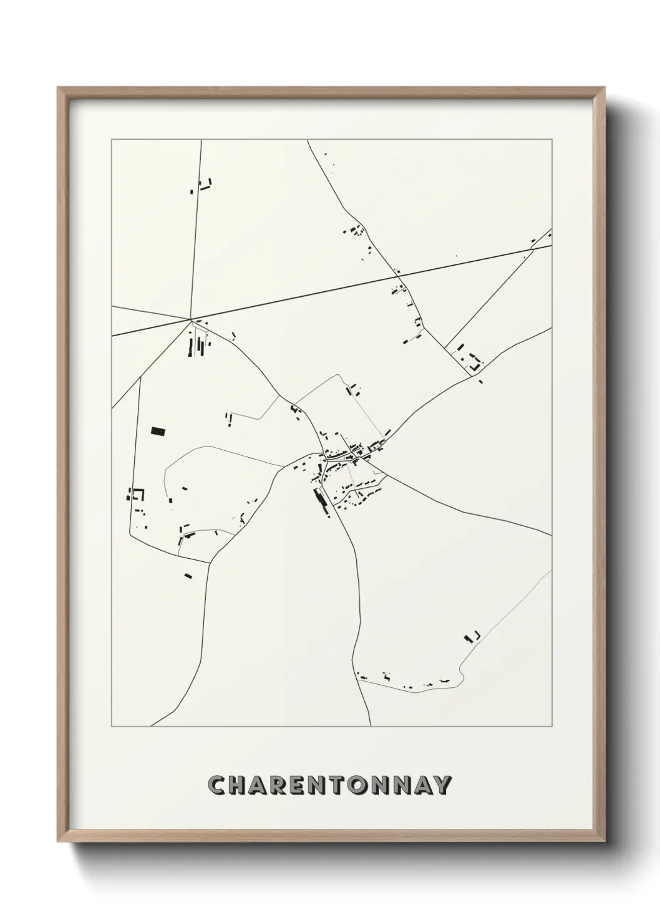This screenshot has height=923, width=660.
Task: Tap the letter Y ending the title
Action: coord(441,785)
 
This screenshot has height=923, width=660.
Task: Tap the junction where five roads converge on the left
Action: coord(190,320)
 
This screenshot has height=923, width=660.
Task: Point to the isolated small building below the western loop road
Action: coord(188,576)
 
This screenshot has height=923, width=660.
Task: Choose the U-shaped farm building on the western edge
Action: coord(136,495)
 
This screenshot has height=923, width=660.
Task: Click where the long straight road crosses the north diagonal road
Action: coord(398,273)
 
